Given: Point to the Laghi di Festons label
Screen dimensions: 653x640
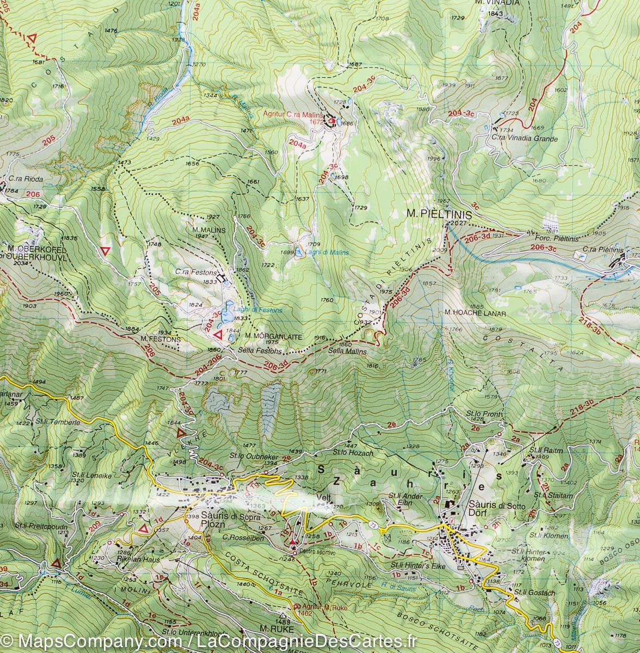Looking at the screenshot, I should point(258,310).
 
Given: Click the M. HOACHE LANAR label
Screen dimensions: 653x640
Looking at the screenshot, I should point(475,313).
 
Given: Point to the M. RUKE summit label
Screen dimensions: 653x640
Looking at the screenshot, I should point(273,629).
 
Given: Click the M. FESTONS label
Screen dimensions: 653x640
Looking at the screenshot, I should point(159,339).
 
